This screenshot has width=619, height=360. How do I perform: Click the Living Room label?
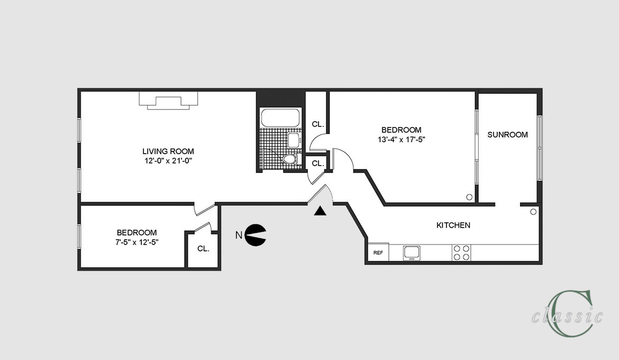coord(168,151)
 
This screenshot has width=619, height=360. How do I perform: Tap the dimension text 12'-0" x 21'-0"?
coord(168,161)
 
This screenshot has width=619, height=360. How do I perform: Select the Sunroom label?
coord(508,135)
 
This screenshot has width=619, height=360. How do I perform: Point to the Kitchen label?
coord(453,225)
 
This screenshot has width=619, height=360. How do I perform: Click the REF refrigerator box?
coord(378,252)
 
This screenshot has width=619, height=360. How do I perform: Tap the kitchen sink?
coord(412,253)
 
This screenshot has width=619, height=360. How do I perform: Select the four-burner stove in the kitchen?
coord(461,253)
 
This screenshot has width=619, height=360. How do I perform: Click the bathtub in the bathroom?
coord(281,118)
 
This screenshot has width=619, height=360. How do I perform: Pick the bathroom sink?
coord(294,140)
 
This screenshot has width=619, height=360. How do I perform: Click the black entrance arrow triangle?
coord(320,211)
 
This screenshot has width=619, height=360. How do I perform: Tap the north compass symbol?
coord(256,235)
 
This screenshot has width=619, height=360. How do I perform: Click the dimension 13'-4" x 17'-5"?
coord(402,139)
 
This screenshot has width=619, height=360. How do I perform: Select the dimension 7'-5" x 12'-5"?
coord(137,242)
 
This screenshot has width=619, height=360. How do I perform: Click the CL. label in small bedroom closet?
coord(203,249)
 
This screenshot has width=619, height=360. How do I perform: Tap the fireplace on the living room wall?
coord(168,101)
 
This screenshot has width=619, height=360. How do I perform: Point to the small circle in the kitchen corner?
coord(533,212)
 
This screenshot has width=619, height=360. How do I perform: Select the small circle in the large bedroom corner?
coord(469,197)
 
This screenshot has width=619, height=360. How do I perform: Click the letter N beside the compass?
coord(239,236)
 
